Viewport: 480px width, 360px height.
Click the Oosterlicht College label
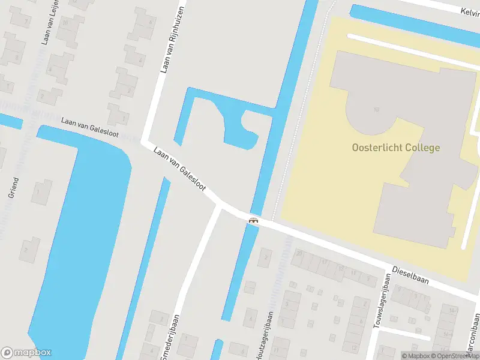point(395,148)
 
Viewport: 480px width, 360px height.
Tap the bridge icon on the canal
point(254,220)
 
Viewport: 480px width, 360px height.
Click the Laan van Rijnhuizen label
point(173,41)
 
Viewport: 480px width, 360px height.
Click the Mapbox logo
point(26,353)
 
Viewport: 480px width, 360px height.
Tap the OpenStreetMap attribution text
point(453,356)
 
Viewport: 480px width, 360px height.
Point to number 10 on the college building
point(376,109)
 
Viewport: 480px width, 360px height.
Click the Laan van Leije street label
point(50,23)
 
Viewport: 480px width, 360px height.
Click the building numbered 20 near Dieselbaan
point(299,254)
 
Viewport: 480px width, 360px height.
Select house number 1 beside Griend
point(40,193)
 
